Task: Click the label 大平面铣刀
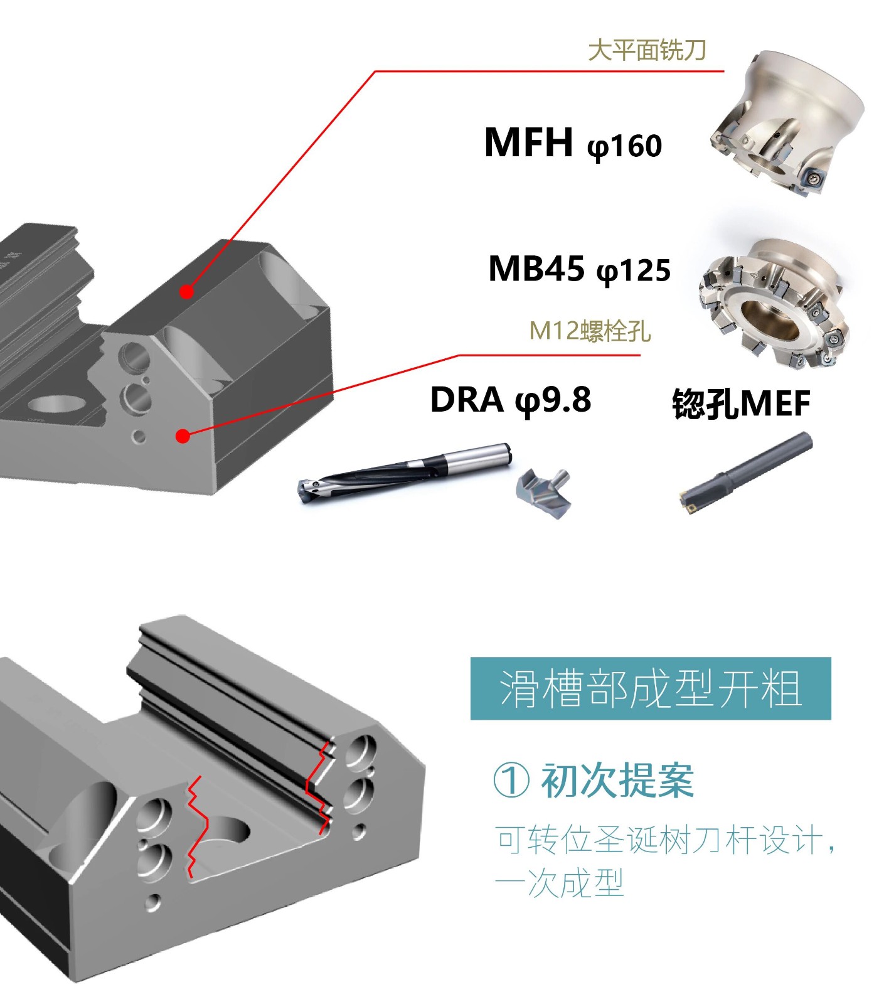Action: (647, 50)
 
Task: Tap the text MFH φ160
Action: (573, 143)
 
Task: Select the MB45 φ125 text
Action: (579, 269)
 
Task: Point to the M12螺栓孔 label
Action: (590, 330)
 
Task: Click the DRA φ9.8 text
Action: (510, 400)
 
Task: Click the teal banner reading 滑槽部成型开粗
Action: (651, 688)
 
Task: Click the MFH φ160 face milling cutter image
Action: (787, 123)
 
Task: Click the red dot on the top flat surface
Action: (186, 291)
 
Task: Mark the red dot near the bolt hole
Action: (183, 435)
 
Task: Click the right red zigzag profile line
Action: (319, 788)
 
